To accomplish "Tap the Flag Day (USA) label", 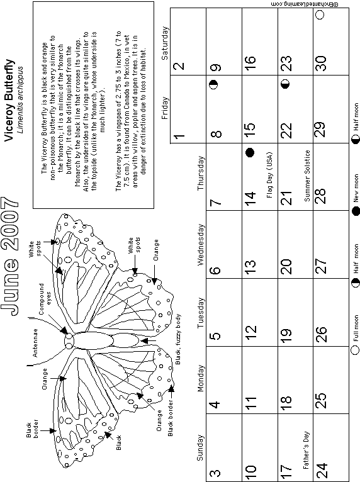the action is point(269,175).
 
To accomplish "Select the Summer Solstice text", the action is point(307,176).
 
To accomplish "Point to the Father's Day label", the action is point(306,451).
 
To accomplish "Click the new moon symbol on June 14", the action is point(250,152).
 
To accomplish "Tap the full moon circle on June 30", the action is point(320,14).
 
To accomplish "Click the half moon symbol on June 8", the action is point(213,84).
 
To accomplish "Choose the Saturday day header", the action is point(165,43).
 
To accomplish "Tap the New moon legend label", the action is point(356,188).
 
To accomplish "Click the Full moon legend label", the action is point(356,328).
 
